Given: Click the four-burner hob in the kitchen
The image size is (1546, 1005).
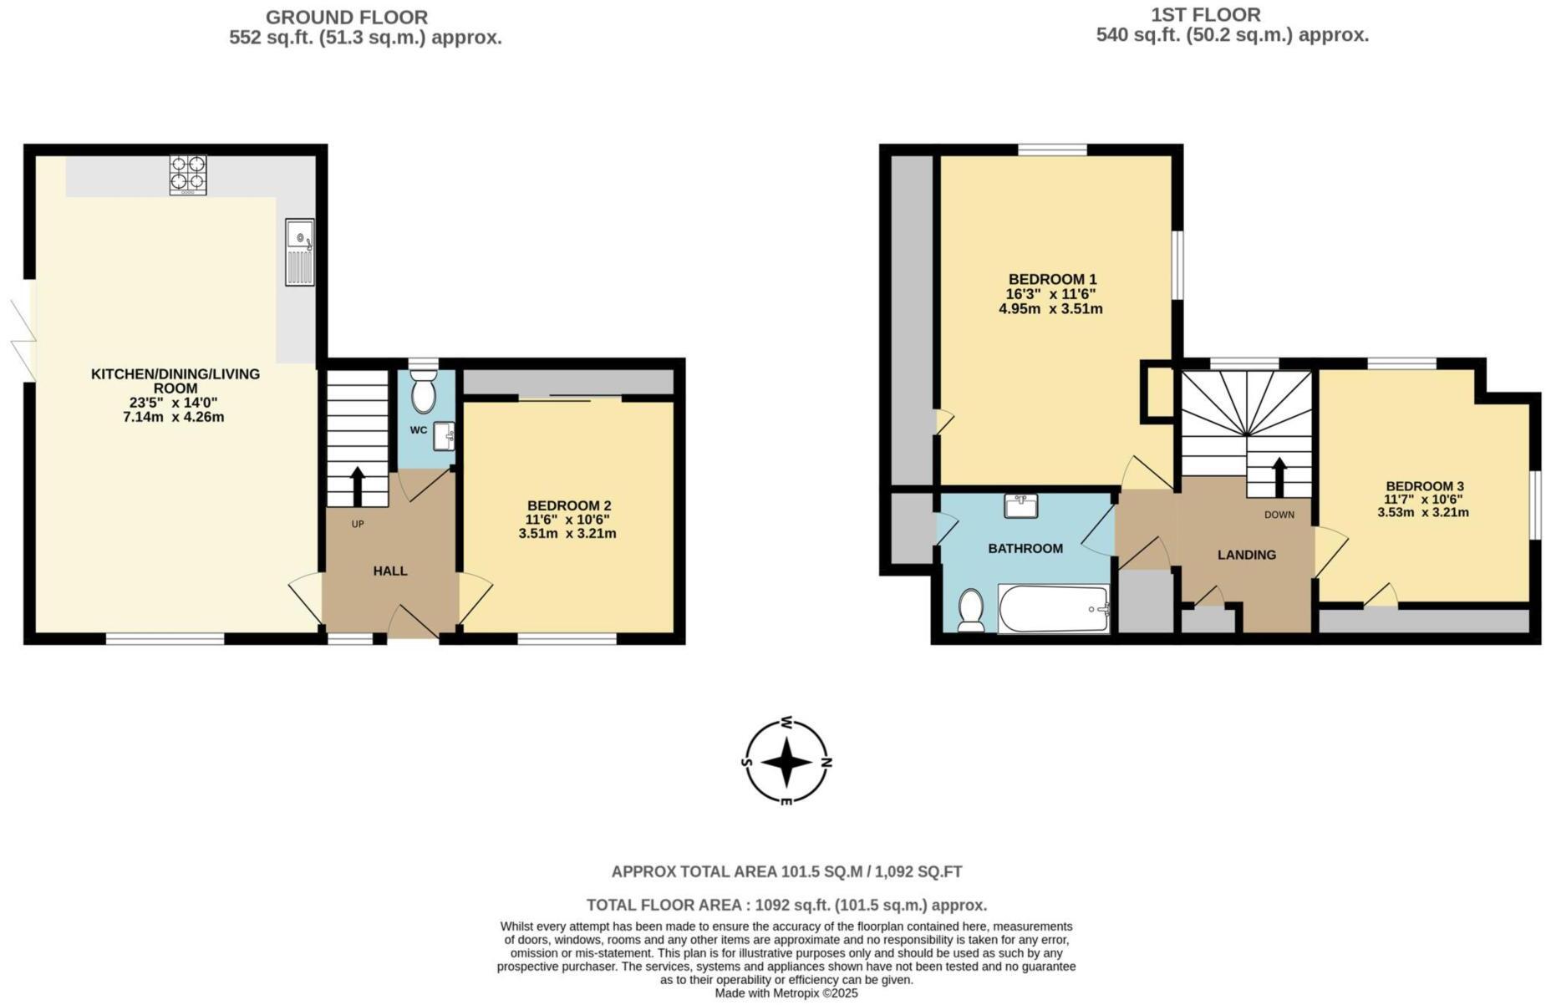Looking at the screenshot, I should point(187,174).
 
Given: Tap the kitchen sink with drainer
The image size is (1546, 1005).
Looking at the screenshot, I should point(299,251).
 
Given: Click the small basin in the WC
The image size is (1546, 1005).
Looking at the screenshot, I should point(444,435).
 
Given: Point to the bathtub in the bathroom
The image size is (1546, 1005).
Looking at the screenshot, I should point(1053,608).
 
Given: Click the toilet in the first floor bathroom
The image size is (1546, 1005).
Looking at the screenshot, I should point(970,610).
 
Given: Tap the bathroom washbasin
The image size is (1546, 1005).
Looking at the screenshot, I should point(1020,505).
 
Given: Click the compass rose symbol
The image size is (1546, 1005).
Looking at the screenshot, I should point(786,762).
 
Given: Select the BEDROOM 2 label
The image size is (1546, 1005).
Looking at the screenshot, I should point(568,505).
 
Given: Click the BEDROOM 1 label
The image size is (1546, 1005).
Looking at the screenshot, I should point(1051,279).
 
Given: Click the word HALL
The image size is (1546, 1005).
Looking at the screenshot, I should point(389,571).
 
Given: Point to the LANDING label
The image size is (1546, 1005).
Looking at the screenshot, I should point(1246,555).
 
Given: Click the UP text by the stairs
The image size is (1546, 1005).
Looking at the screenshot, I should point(358,524).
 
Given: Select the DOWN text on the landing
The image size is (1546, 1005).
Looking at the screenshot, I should point(1279,515).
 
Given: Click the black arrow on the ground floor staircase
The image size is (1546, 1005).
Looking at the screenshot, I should point(357,485).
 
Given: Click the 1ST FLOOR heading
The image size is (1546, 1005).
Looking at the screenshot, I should point(1205,14).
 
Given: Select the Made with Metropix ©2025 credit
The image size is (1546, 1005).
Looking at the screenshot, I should point(786,993).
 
